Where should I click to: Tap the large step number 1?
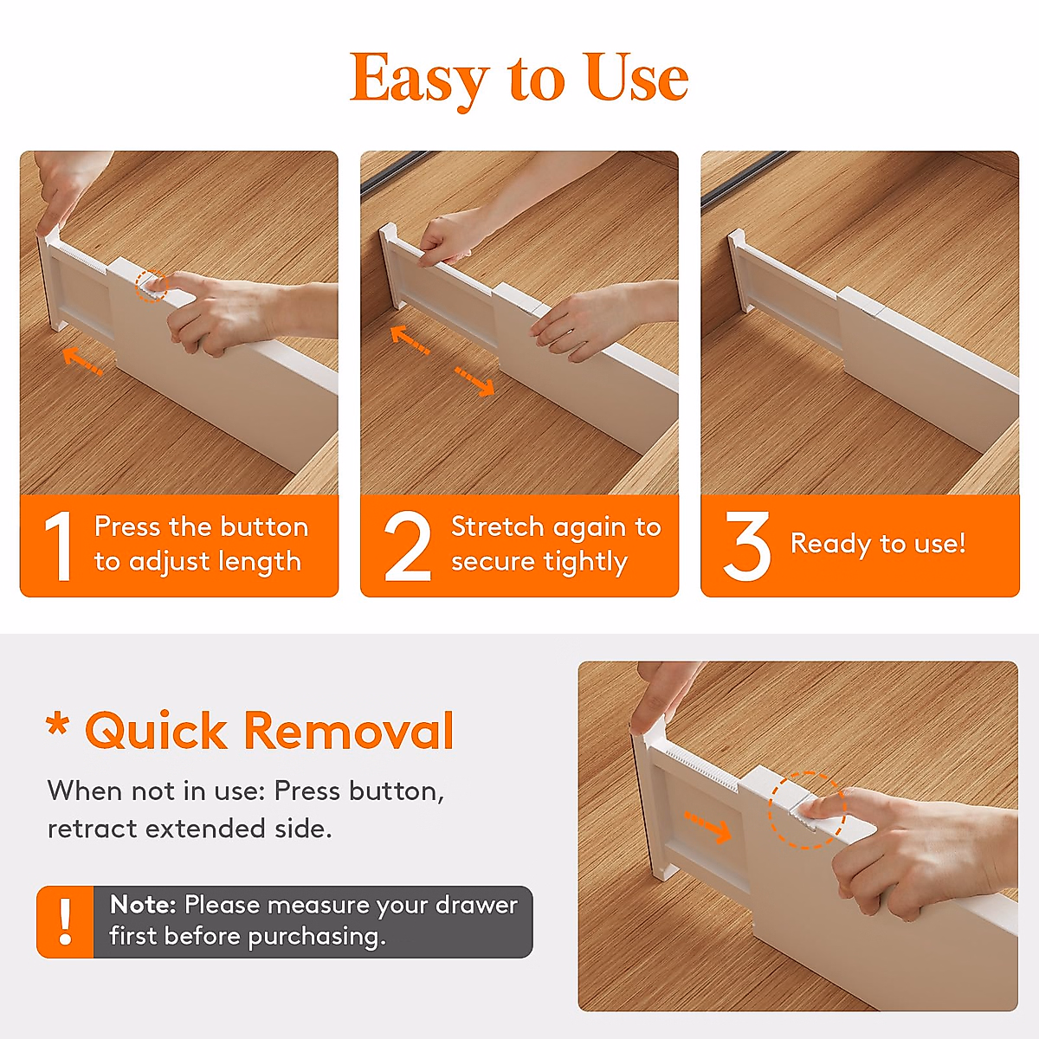[59, 546]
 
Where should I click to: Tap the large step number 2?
[407, 546]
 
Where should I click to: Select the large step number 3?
[746, 546]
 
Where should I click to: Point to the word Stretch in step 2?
[497, 526]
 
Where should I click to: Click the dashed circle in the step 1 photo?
[152, 285]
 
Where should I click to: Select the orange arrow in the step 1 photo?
[83, 360]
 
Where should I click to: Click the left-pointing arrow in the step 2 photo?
[410, 339]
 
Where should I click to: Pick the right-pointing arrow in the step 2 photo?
[474, 380]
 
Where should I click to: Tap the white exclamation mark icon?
[65, 921]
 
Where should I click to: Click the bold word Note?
[143, 905]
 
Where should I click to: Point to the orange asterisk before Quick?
[58, 725]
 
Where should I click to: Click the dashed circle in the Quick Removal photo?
[806, 810]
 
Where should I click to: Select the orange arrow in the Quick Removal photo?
[707, 827]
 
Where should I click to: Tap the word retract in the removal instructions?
[93, 829]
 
